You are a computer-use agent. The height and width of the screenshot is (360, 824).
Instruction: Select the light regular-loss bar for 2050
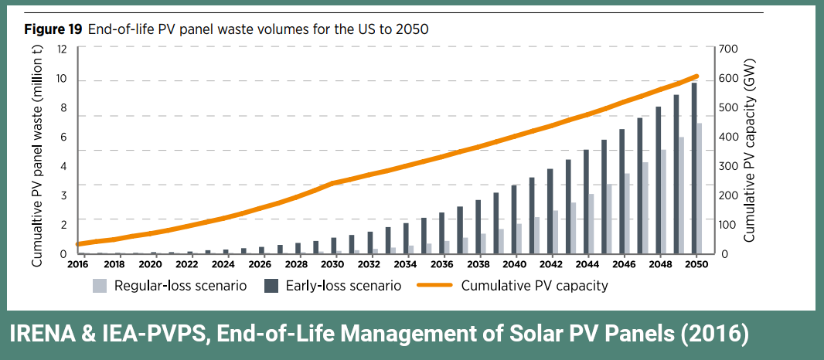(699, 188)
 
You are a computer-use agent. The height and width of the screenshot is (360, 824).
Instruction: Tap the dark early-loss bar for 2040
(513, 219)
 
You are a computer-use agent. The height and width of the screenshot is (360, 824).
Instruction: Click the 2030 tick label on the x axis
(332, 263)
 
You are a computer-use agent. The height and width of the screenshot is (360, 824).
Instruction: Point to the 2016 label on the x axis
(78, 263)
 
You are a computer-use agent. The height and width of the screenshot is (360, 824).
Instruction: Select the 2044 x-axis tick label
(587, 263)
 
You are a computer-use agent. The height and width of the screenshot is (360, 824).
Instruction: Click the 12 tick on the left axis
(62, 49)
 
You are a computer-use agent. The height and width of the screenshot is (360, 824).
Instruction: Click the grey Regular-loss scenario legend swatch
(100, 286)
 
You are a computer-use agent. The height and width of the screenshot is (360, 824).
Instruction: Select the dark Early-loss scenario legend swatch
(271, 286)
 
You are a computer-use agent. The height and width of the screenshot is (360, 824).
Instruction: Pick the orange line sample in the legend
(434, 286)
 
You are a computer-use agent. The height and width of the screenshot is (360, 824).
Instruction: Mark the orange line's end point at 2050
(696, 76)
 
